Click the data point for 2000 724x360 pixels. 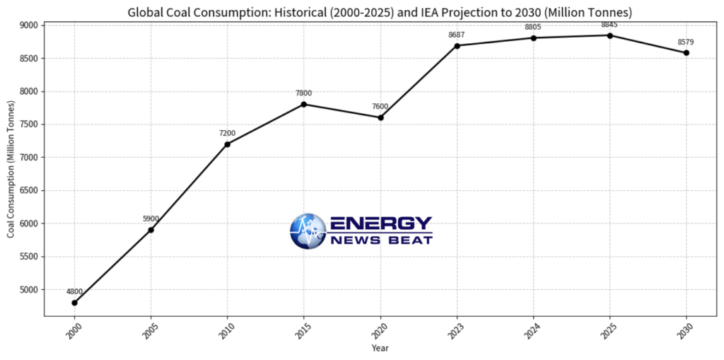pos(74,303)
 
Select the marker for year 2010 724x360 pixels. pos(228,144)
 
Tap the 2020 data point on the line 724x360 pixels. pos(380,117)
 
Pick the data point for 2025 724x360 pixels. pos(609,35)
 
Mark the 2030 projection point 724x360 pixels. pos(686,53)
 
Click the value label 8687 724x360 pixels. pos(457,35)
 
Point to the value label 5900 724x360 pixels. pos(151,219)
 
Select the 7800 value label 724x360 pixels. pos(303,93)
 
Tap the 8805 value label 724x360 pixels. pos(533,27)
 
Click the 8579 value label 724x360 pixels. pos(686,42)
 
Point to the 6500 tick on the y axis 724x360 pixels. pos(29,190)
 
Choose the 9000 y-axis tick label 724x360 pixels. pos(29,25)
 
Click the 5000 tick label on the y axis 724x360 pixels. pos(29,290)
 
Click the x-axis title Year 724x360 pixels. pos(380,348)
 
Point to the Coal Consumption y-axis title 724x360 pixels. pos(11,170)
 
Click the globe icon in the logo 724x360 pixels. pos(308,231)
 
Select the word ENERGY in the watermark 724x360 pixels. pos(380,223)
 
